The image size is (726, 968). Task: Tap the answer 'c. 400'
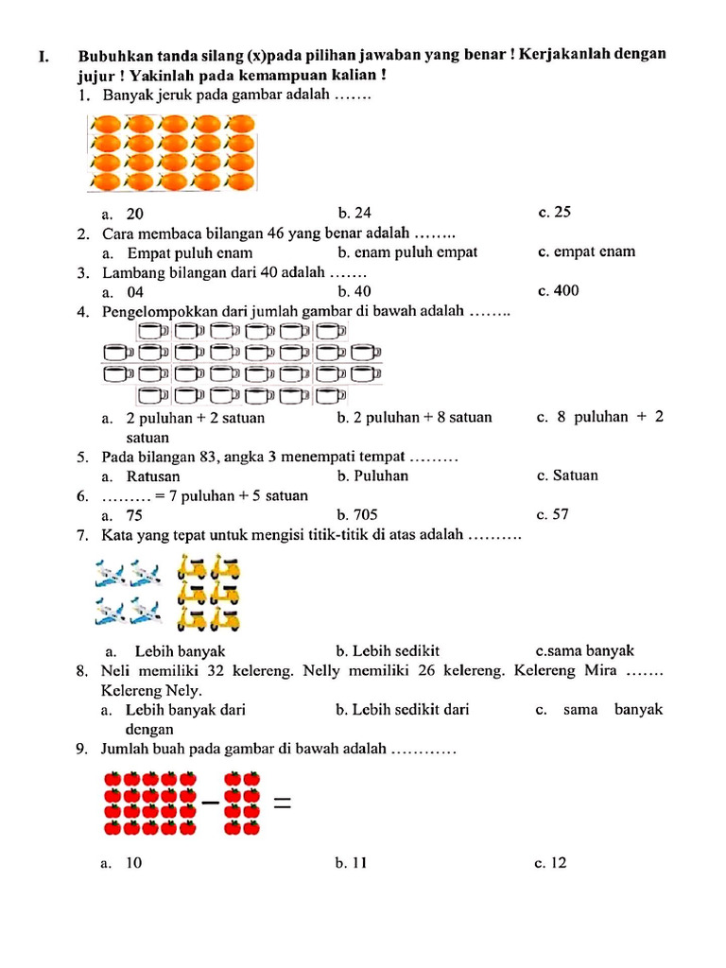click(x=558, y=291)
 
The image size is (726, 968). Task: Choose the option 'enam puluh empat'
click(x=407, y=252)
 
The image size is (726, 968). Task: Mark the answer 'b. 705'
click(x=354, y=515)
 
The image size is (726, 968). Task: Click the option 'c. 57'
click(x=552, y=515)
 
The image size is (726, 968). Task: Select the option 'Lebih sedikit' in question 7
click(x=388, y=651)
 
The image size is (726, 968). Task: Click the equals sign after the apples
click(x=281, y=804)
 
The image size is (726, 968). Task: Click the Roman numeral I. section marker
click(x=43, y=57)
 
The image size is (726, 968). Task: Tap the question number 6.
click(x=83, y=496)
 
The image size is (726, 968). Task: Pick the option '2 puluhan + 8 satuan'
click(x=414, y=417)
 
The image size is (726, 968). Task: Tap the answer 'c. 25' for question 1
click(x=554, y=213)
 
